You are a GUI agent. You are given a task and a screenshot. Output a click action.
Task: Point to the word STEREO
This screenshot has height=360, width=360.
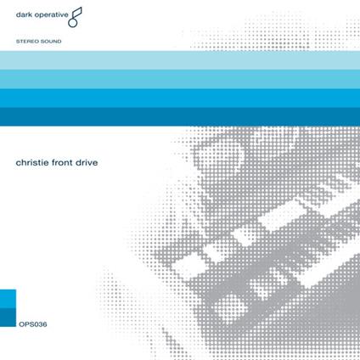coord(28,40)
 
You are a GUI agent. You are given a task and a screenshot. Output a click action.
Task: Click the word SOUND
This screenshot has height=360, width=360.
coord(51,40)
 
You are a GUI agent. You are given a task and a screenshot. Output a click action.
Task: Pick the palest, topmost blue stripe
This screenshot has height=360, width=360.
coord(180,60)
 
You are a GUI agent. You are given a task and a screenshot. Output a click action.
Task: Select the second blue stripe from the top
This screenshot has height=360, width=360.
coord(180,79)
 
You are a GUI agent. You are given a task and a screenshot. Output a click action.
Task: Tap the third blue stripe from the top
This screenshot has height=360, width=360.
coord(180,98)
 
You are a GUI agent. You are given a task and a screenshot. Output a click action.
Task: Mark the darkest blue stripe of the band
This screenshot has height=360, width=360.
coord(180,116)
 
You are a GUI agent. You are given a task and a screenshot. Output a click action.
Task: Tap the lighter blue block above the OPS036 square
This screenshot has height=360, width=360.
coord(8,298)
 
